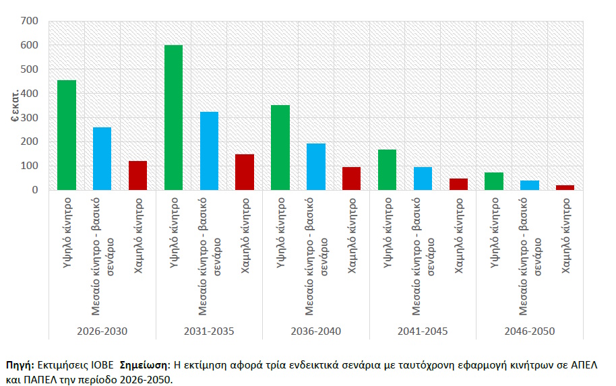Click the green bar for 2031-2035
(173, 117)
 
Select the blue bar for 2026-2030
(102, 158)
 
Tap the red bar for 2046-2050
(565, 188)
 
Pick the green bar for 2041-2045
(387, 170)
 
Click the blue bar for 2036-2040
(316, 167)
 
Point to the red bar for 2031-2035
(245, 172)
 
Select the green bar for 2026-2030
(67, 135)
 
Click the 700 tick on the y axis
(30, 21)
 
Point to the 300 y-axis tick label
(30, 117)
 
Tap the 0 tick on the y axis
(35, 190)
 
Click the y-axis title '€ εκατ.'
(15, 106)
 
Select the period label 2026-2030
(102, 331)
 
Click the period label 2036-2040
(316, 331)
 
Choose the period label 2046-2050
(530, 331)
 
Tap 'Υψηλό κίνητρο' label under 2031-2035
(174, 233)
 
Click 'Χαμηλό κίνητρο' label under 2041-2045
(458, 236)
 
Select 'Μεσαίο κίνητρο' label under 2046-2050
(523, 257)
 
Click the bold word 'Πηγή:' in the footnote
(20, 365)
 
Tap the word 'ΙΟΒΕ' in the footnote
(102, 365)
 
